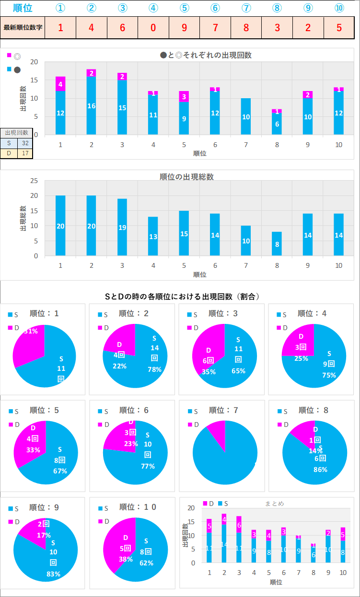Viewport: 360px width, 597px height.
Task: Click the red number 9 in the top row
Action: coord(184,27)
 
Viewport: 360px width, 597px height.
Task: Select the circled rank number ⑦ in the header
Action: coord(246,8)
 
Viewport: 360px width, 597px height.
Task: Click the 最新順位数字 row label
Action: coord(23,27)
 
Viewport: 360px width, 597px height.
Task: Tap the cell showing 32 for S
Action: coord(25,143)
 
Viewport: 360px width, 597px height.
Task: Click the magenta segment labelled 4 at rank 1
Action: coord(60,84)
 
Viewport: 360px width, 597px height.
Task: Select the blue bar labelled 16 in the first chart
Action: coord(91,105)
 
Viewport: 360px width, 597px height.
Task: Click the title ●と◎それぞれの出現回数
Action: coord(206,55)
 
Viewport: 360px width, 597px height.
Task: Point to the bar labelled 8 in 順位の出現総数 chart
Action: coord(277,244)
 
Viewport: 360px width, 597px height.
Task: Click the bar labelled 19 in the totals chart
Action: coord(122,228)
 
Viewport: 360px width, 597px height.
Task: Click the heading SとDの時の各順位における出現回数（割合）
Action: coord(182,297)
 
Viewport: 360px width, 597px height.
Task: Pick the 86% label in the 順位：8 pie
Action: coord(320,470)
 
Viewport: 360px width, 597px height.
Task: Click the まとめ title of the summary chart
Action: coord(274,504)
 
